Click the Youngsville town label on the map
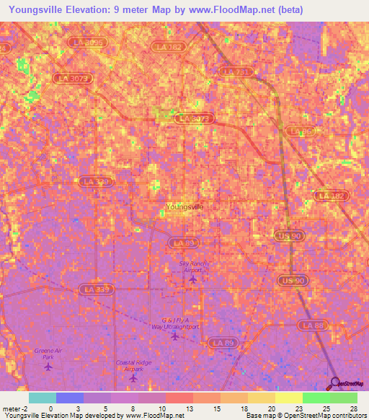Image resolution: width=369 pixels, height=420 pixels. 184,207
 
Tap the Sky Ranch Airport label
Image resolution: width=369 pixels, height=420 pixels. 192,267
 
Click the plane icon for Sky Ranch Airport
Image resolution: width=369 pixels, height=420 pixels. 192,279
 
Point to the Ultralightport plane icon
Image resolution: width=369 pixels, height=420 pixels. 174,336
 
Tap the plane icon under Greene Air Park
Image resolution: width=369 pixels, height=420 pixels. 48,367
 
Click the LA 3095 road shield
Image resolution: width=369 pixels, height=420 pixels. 88,43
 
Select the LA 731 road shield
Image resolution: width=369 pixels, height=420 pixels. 236,71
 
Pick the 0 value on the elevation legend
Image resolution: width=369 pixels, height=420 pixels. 50,408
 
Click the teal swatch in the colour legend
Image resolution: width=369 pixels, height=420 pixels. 43,398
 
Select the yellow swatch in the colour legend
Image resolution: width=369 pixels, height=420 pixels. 288,398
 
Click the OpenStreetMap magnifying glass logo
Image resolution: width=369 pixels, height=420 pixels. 336,383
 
